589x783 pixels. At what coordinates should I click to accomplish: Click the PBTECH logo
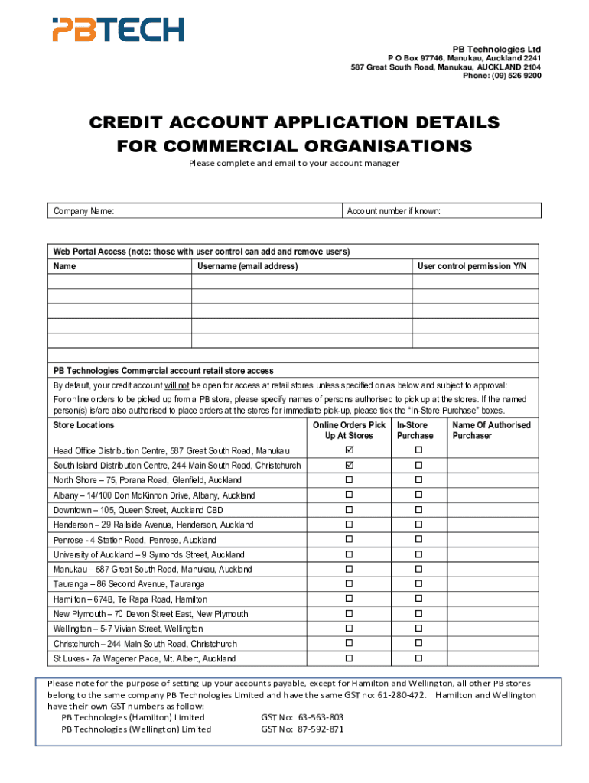(118, 30)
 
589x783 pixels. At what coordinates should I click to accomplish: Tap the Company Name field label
(84, 211)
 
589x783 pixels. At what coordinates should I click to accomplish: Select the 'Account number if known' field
(442, 211)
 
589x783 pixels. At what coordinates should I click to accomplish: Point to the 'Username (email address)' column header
(247, 266)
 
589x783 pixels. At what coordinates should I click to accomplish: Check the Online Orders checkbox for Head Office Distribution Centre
(349, 450)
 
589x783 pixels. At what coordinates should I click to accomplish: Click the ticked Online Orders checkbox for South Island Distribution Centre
(349, 465)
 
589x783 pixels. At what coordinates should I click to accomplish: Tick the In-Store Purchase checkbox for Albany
(418, 495)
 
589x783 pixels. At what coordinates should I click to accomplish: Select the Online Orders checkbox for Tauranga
(349, 584)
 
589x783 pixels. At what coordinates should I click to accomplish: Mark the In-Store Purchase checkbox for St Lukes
(418, 658)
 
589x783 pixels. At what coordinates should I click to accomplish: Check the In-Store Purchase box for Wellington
(418, 629)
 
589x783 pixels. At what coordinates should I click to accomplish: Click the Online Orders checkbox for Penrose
(349, 539)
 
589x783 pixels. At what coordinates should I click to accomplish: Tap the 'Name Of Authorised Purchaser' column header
(491, 430)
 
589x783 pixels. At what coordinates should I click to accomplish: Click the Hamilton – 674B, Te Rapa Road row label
(130, 599)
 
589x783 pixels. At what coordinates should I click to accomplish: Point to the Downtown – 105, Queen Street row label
(138, 510)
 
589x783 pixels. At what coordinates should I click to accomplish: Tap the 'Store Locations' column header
(83, 425)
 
